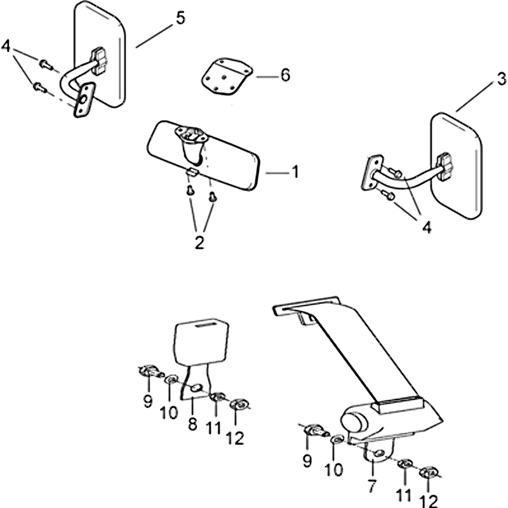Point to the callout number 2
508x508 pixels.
pos(199,241)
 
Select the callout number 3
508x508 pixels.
pos(501,80)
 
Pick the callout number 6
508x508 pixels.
pos(284,76)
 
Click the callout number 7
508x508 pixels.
pos(372,488)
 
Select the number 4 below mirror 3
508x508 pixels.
pos(426,227)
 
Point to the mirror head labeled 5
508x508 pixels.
pos(103,54)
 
